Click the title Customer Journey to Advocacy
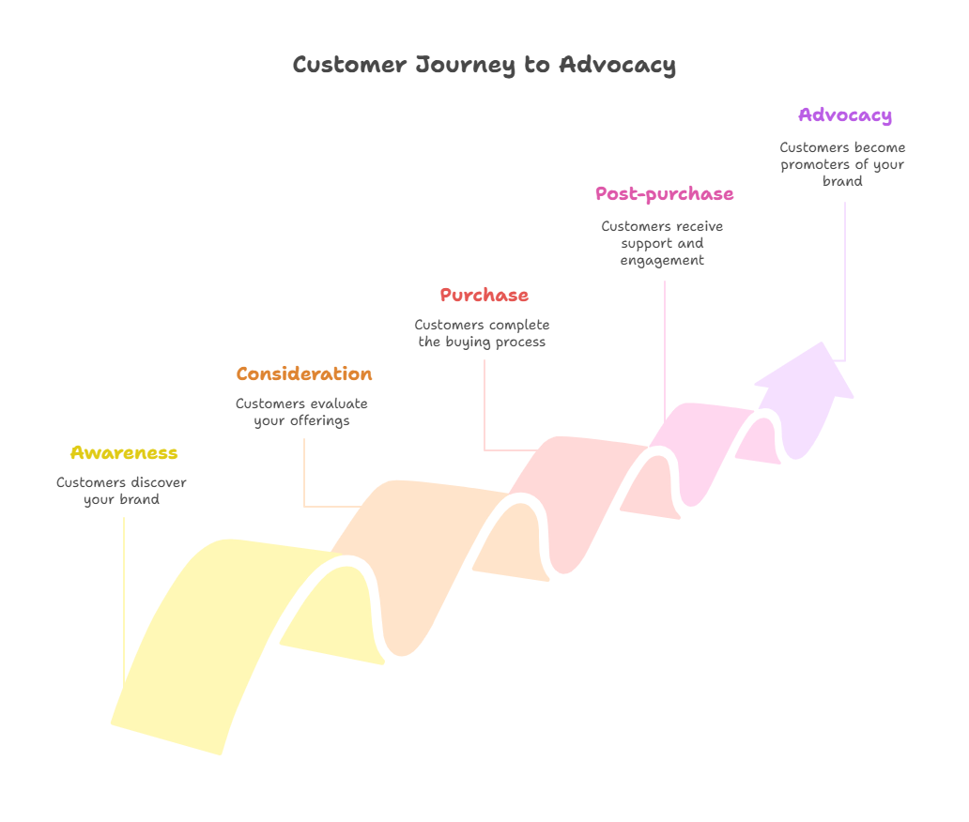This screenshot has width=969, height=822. tap(484, 66)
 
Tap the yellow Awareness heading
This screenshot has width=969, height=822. tap(124, 453)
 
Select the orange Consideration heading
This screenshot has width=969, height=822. tap(304, 374)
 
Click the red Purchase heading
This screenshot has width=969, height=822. tap(484, 296)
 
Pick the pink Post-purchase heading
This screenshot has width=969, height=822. tap(665, 194)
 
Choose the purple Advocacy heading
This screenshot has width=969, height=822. tap(845, 115)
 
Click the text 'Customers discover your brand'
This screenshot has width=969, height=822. tap(122, 492)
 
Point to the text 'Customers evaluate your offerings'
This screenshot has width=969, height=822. tap(302, 413)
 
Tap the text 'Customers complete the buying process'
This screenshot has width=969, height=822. tap(483, 334)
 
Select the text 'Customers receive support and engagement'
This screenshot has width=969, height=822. tap(663, 244)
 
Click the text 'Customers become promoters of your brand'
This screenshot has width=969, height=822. tap(843, 165)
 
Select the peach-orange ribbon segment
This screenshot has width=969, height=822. tap(413, 544)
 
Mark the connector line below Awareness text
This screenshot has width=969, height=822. tap(124, 601)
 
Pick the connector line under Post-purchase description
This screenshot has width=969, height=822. tap(666, 347)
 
